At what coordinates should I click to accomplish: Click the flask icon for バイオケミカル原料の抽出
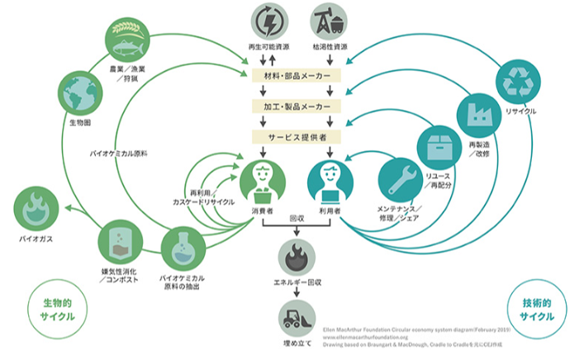pyautogui.click(x=183, y=247)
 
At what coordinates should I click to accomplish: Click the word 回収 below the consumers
pyautogui.click(x=296, y=220)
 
